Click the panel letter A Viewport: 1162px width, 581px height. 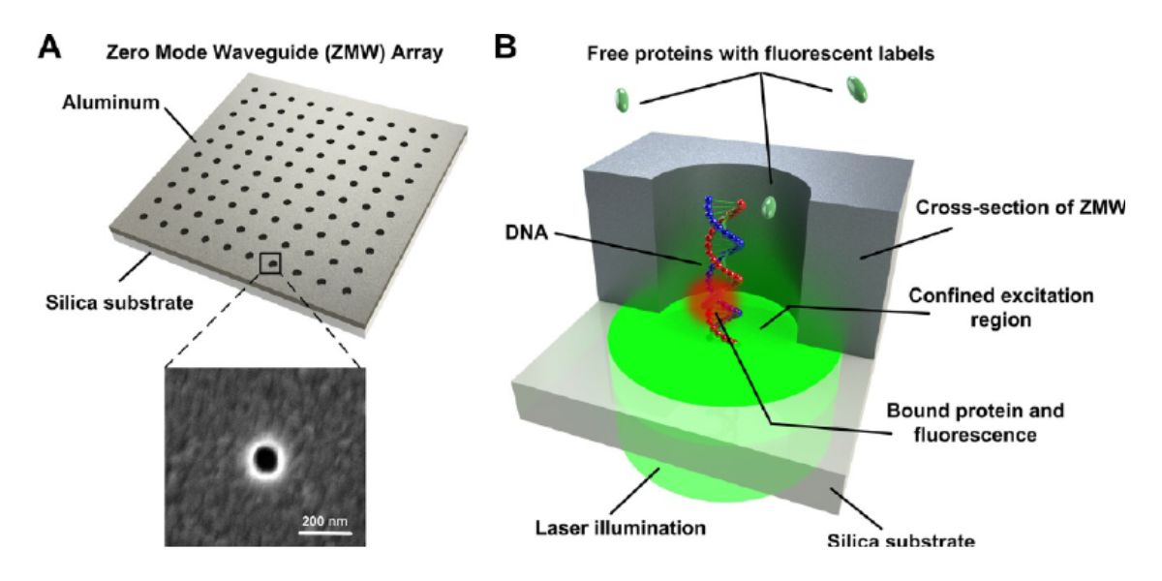pyautogui.click(x=49, y=46)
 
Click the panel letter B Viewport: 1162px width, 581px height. pyautogui.click(x=505, y=46)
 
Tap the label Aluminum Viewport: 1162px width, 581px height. pyautogui.click(x=125, y=101)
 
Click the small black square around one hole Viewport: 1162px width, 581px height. pyautogui.click(x=270, y=262)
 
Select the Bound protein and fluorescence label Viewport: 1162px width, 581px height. pyautogui.click(x=978, y=422)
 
